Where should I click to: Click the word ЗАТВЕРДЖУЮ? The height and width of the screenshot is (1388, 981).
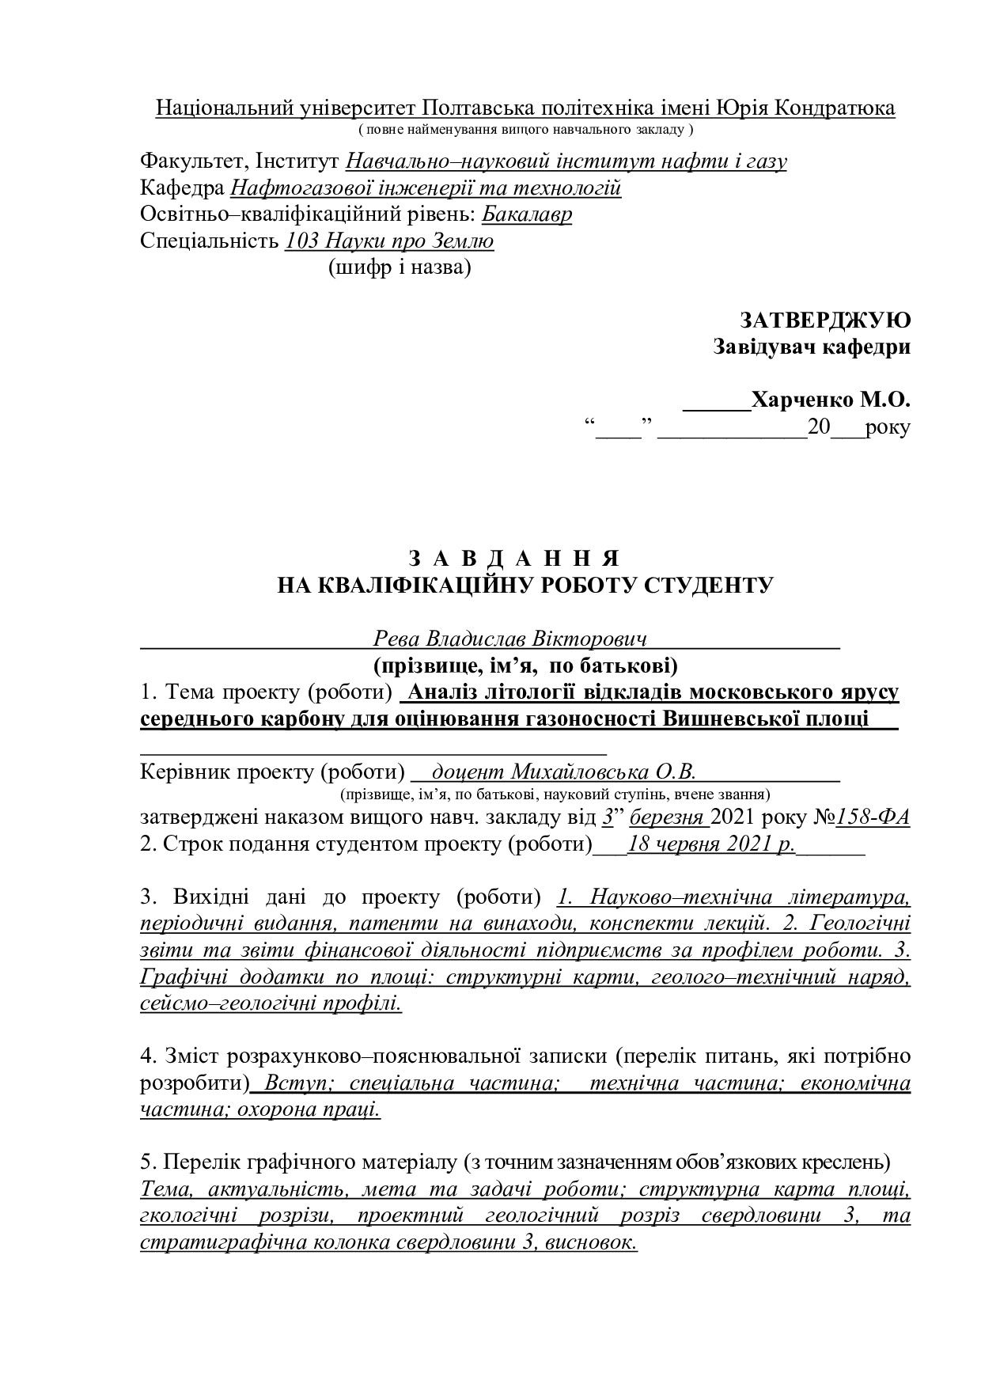tap(825, 320)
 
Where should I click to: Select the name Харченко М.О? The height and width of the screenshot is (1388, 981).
tap(831, 400)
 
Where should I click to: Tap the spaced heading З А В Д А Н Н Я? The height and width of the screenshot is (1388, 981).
tap(513, 557)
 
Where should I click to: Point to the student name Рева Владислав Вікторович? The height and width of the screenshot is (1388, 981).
tap(510, 639)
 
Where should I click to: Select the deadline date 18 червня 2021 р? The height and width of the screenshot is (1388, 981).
tap(710, 844)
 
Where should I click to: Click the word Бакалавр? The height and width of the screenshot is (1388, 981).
tap(527, 214)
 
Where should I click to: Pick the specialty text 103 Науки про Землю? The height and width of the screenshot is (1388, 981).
tap(389, 241)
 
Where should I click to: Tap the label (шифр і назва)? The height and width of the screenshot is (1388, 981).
tap(399, 268)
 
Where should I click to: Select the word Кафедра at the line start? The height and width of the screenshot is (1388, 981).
tap(181, 188)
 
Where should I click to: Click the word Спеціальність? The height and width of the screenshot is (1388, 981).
tap(209, 241)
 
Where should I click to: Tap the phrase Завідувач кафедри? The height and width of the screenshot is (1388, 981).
tap(811, 347)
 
